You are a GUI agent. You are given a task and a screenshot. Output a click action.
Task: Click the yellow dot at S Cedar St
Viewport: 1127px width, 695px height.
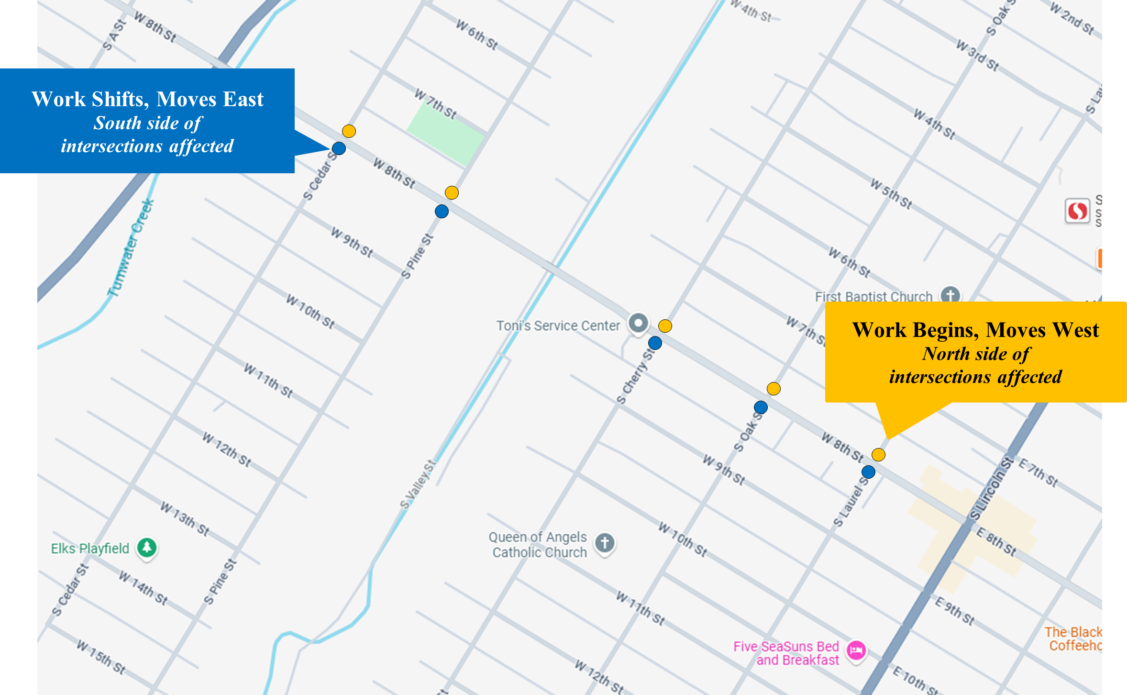click(349, 131)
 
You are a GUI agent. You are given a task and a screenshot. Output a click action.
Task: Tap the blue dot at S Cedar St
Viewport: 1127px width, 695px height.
click(339, 148)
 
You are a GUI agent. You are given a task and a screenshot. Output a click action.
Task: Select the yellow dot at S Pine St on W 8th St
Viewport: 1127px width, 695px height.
click(452, 193)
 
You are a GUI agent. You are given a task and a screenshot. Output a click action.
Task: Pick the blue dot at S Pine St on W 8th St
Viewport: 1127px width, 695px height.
click(442, 211)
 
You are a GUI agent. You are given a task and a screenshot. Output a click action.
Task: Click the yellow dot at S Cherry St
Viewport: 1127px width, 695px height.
click(665, 326)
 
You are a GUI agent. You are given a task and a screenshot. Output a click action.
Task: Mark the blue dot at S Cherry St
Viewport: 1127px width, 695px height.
click(655, 343)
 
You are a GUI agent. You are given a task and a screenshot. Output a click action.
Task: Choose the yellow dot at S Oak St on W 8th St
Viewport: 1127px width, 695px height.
click(773, 389)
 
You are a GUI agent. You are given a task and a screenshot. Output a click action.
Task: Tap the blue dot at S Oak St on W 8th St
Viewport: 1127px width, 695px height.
click(761, 407)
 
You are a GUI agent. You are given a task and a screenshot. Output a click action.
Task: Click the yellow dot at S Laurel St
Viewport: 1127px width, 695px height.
click(878, 455)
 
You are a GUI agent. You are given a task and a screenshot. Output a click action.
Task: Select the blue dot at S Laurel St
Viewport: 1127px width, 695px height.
click(868, 472)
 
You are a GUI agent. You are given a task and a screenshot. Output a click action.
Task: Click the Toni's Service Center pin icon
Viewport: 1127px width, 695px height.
click(638, 323)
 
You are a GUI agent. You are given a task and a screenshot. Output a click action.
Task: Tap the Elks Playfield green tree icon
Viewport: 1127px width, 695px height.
click(147, 547)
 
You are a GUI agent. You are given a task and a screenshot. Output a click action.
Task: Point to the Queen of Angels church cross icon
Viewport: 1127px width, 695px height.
click(605, 543)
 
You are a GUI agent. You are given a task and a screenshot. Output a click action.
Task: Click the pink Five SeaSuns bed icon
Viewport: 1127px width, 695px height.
click(856, 650)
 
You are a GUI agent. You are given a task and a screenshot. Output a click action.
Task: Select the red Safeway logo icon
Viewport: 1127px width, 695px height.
click(1077, 211)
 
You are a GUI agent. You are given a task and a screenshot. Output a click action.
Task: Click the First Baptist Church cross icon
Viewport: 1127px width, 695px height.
click(950, 294)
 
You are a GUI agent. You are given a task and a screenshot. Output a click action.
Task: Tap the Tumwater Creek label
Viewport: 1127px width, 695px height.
click(131, 248)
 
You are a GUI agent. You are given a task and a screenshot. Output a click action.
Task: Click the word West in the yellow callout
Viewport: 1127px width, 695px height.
click(1075, 330)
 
